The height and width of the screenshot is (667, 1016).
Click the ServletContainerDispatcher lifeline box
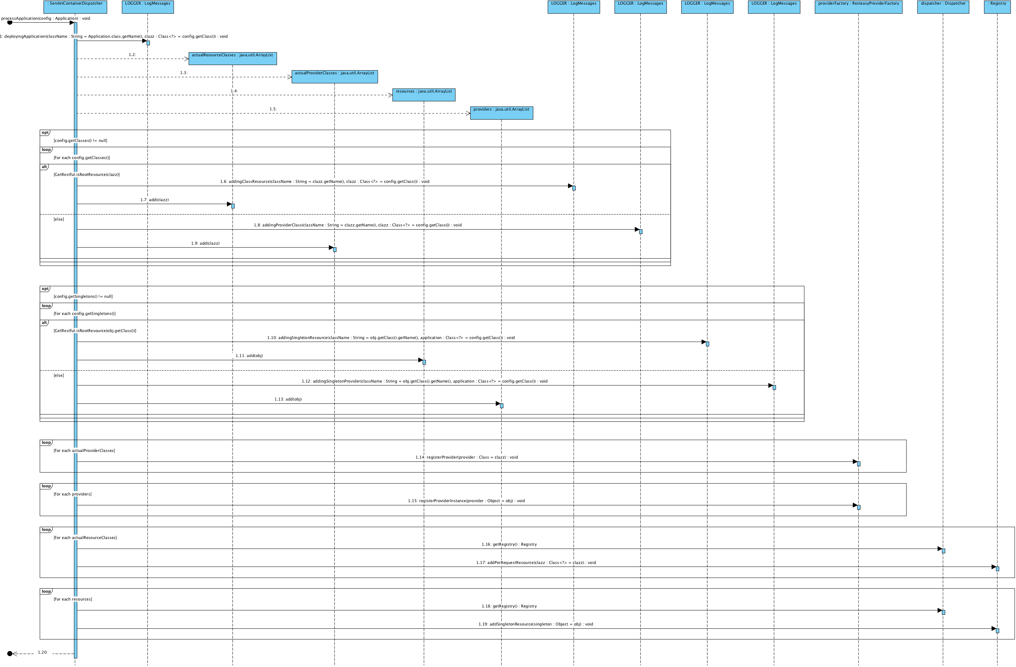pos(75,7)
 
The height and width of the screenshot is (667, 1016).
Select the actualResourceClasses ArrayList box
pos(233,58)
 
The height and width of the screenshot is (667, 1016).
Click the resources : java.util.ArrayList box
pos(424,95)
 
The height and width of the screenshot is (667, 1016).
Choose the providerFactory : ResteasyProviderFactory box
pos(858,7)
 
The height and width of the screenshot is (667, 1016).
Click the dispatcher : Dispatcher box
pos(943,7)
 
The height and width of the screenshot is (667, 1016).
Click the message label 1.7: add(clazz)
pos(154,200)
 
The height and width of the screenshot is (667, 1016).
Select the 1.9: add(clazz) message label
pos(205,243)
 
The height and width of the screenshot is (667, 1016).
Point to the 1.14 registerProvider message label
pos(466,457)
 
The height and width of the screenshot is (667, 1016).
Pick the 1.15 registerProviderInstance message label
pos(466,501)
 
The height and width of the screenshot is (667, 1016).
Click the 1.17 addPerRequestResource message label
pos(536,563)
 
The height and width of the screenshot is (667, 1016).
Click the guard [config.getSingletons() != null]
pos(83,296)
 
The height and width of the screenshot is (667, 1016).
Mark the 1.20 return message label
pos(43,652)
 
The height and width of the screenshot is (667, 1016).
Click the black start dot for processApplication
pos(10,23)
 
